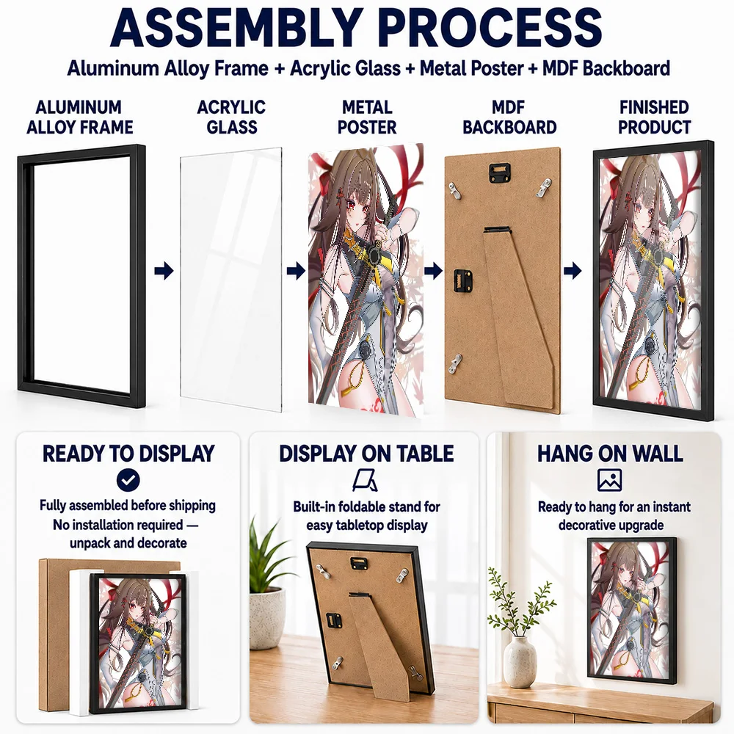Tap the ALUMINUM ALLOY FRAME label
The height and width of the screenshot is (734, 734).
coord(79,117)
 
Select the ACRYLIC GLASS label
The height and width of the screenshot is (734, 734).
coord(231,117)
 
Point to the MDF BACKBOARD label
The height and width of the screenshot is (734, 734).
coord(509,117)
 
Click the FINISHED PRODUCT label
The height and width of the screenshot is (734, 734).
coord(654,117)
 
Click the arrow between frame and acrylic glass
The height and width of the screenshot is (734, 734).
coord(164,271)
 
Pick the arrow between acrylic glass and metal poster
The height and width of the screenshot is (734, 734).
coord(296,271)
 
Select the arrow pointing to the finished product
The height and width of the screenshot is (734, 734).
coord(573,271)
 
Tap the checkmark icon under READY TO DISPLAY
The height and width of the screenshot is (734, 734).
coord(128,480)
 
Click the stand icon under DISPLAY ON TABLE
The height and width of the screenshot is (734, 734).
coord(366,481)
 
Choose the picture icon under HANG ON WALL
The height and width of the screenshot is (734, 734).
coord(609,480)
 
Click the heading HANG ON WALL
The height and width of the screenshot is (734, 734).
coord(610,454)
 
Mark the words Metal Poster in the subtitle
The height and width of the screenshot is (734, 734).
coord(471,68)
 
